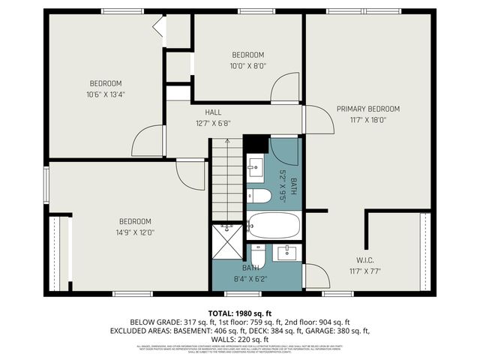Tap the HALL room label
tap(212, 112)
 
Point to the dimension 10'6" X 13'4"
tap(106, 94)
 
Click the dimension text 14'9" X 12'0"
tap(135, 232)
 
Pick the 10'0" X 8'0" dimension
tap(247, 65)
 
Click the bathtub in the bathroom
tap(274, 224)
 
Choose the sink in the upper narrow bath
tap(255, 166)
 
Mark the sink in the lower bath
tap(286, 253)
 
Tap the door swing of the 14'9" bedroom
tap(191, 175)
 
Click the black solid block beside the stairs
tap(255, 142)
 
